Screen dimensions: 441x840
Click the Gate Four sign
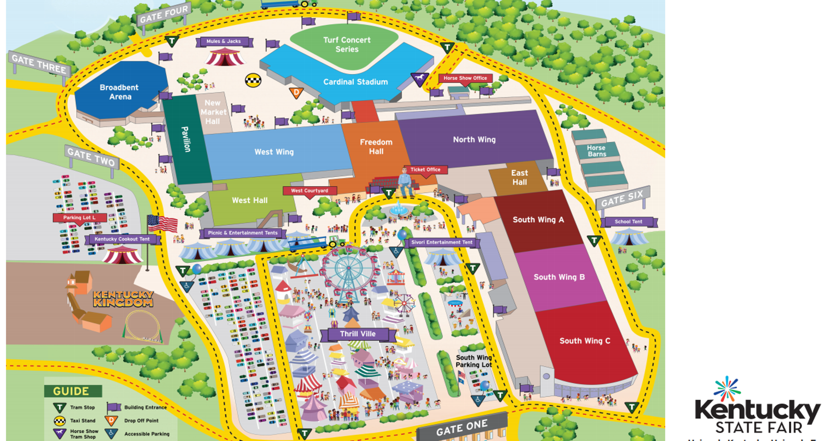164,14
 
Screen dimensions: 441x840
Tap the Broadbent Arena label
120,92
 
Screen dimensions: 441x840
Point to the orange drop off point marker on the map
296,93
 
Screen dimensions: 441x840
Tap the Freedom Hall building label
376,147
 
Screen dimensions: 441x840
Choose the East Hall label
519,177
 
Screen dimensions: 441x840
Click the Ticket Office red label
425,170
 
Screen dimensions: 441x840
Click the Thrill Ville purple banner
358,334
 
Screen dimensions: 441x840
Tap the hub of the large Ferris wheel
348,268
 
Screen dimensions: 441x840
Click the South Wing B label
559,277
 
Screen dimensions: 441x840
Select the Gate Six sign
622,198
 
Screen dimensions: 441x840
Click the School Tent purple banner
628,222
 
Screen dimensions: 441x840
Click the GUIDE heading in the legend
71,391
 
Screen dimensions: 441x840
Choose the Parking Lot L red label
80,218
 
